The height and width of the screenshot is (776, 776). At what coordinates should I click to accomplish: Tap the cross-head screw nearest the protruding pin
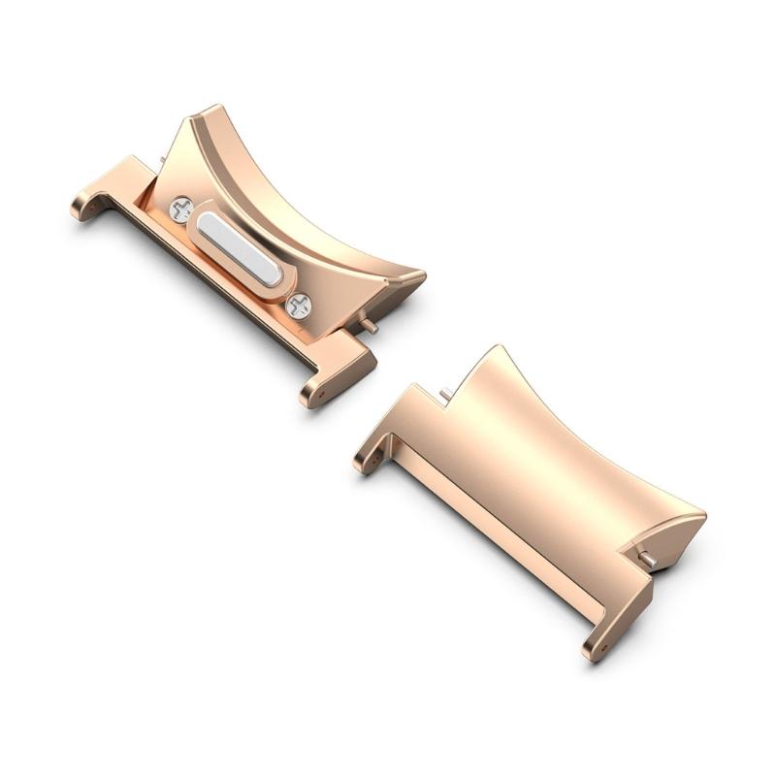coord(300,306)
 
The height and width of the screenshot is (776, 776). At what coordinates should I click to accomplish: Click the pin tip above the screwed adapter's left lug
coord(160,151)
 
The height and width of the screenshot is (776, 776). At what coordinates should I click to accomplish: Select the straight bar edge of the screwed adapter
coord(223,291)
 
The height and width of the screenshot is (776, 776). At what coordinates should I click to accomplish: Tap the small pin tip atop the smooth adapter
coord(444,391)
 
